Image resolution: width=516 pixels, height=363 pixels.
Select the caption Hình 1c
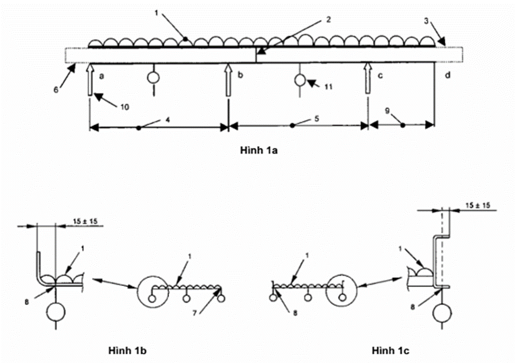pyautogui.click(x=389, y=350)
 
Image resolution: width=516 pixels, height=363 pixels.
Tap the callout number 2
pyautogui.click(x=328, y=20)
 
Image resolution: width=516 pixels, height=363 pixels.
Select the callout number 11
pyautogui.click(x=328, y=87)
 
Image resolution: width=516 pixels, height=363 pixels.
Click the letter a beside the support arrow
pyautogui.click(x=101, y=75)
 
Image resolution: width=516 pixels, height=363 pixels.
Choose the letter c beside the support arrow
pyautogui.click(x=379, y=75)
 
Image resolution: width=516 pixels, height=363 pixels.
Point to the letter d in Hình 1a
pyautogui.click(x=448, y=75)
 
